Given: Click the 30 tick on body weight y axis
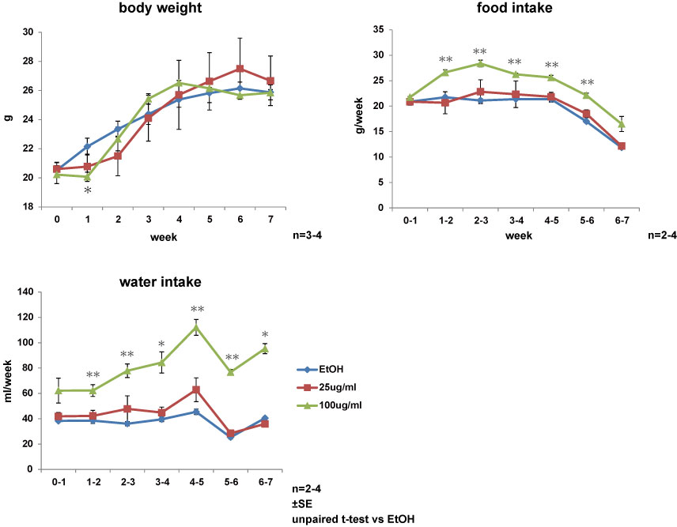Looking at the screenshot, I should [29, 32].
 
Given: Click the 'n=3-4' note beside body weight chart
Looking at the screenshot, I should [307, 235].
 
